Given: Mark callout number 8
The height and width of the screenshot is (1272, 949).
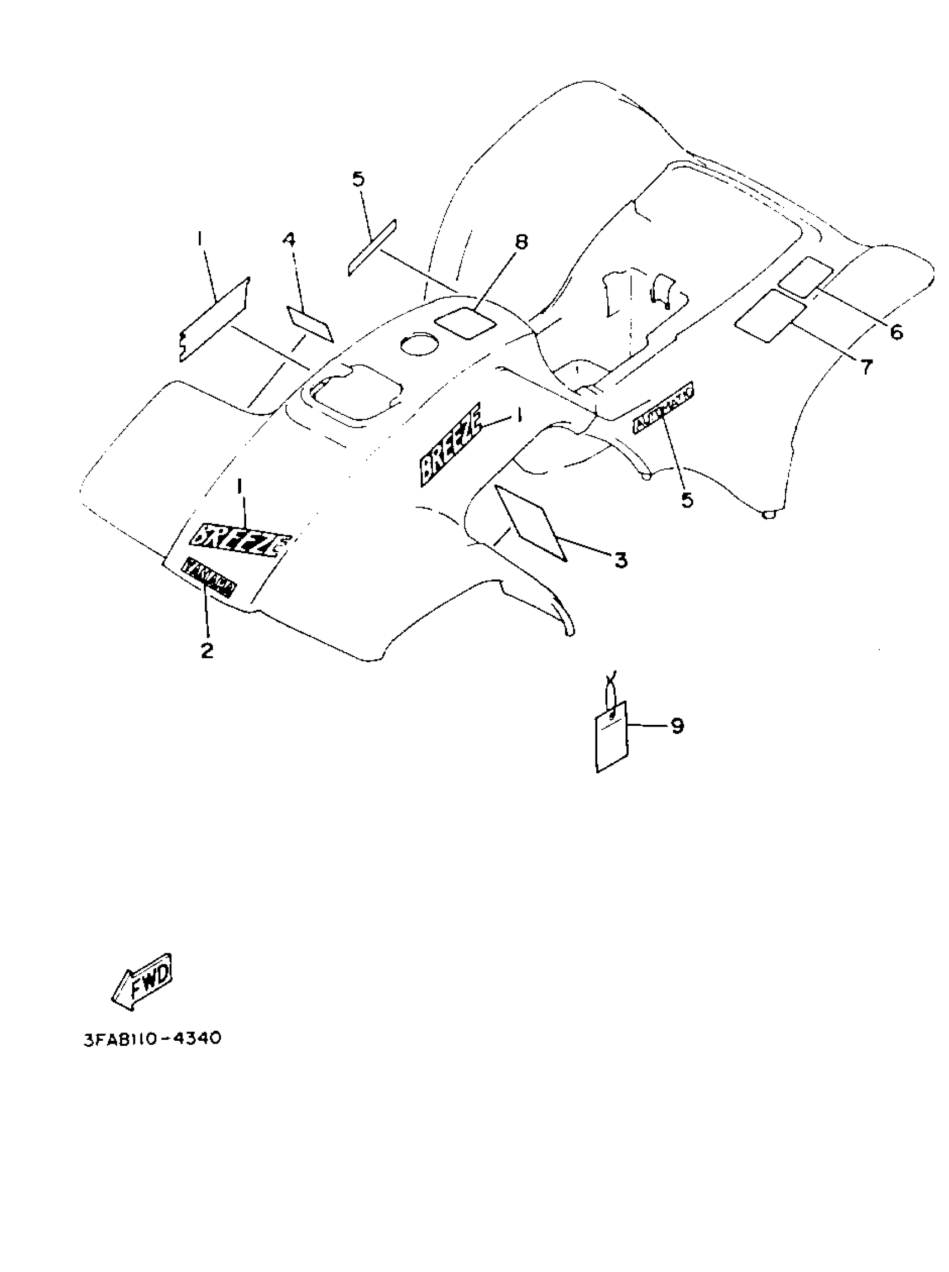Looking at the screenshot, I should (520, 242).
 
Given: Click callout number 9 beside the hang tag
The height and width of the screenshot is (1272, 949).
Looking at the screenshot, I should (677, 726).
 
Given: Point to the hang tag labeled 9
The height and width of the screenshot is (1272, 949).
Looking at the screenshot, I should (612, 739).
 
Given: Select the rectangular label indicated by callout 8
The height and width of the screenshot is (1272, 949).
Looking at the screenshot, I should (466, 323).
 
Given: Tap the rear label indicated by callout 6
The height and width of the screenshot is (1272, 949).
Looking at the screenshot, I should (806, 277).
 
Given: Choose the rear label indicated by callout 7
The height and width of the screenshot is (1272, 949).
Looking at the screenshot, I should (770, 316).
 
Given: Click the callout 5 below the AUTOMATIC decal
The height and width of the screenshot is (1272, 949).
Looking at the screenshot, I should (687, 500).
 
